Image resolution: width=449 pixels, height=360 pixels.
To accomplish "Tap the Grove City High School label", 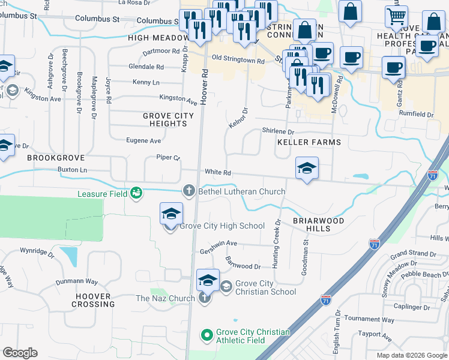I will pos(222,226).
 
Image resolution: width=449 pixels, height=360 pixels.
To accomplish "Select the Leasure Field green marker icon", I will pos(136,193).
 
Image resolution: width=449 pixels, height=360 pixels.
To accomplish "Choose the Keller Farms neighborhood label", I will pos(309,142).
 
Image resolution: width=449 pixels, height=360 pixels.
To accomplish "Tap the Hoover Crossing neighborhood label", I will pos(93,300).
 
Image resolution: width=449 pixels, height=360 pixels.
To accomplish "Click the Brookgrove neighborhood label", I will pos(50,157).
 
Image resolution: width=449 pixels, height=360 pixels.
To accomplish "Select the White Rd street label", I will pos(218,172).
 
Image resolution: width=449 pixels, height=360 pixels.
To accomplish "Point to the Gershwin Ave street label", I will pos(218,244).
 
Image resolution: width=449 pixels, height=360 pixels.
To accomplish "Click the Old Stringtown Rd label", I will pos(238,61).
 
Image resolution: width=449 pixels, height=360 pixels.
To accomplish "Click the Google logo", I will pos(20,353).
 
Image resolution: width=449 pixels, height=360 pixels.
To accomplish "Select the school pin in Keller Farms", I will pos(306,168).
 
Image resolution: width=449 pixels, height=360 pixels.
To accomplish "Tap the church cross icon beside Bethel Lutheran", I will pos(188,191).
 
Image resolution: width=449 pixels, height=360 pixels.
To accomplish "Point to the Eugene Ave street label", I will pos(143,141).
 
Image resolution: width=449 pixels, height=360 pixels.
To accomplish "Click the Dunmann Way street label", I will pos(76,281).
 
